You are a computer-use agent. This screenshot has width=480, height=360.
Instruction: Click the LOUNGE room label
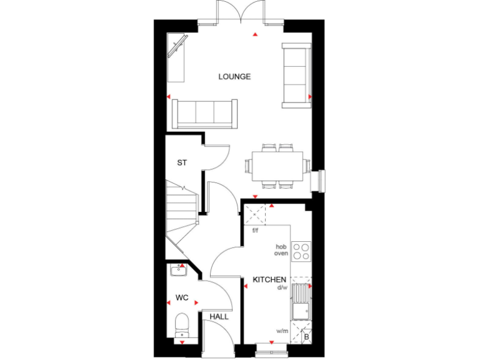click(x=234, y=77)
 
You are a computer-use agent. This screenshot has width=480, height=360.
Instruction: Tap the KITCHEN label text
click(x=269, y=279)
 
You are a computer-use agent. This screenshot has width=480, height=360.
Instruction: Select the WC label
click(x=182, y=297)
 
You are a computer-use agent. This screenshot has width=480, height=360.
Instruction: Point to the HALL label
click(x=219, y=317)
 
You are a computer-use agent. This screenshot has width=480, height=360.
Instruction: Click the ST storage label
click(x=182, y=163)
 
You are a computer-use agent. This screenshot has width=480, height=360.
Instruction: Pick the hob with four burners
click(x=301, y=251)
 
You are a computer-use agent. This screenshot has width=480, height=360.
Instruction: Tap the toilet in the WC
click(x=181, y=325)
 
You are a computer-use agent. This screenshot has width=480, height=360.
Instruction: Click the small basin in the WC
click(x=178, y=271)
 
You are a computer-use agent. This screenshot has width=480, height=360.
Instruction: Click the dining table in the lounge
click(x=277, y=166)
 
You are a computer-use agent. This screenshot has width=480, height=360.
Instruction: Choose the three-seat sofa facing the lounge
click(x=204, y=113)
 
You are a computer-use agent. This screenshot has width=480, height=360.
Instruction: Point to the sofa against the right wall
click(x=297, y=74)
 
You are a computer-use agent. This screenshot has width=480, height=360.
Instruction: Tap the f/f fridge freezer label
click(x=255, y=231)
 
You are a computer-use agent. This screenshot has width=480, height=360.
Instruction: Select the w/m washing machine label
click(x=282, y=331)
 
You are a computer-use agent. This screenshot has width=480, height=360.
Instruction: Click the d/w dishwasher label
click(x=282, y=287)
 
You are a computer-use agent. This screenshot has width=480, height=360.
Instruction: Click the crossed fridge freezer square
click(x=255, y=215)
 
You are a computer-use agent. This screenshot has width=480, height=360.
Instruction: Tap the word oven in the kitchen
click(x=281, y=254)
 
